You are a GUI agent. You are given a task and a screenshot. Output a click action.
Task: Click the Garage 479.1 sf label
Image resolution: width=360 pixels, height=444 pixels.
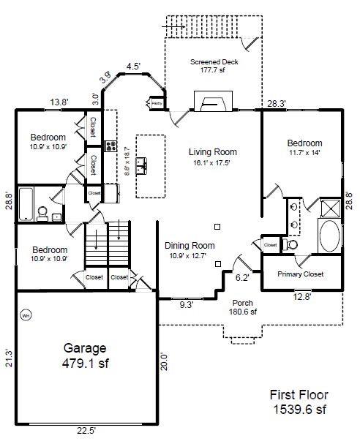(83, 355)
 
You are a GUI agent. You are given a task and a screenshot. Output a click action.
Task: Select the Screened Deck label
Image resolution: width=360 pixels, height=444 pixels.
(214, 67)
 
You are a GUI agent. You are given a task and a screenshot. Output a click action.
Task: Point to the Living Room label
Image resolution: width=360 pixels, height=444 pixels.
(213, 157)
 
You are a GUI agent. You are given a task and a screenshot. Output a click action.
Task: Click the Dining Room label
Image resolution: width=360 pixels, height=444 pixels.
(189, 251)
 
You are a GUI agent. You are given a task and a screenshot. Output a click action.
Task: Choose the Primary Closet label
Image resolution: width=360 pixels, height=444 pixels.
(300, 274)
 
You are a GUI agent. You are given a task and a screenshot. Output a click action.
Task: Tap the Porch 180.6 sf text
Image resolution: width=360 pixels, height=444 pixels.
(244, 307)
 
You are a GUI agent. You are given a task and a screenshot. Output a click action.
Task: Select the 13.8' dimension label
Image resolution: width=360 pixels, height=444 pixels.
(60, 103)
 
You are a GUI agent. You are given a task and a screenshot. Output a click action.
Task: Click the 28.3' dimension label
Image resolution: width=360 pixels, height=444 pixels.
(277, 103)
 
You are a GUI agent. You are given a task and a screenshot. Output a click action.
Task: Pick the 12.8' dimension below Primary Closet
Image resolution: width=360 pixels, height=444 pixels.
(301, 297)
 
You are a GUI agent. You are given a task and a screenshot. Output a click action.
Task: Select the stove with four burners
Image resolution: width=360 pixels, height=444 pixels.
(110, 146)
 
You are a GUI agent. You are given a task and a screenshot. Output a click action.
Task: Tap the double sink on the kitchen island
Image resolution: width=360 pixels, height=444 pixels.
(148, 165)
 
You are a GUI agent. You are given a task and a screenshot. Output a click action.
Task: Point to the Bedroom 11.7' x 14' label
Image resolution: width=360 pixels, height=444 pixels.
(304, 148)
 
